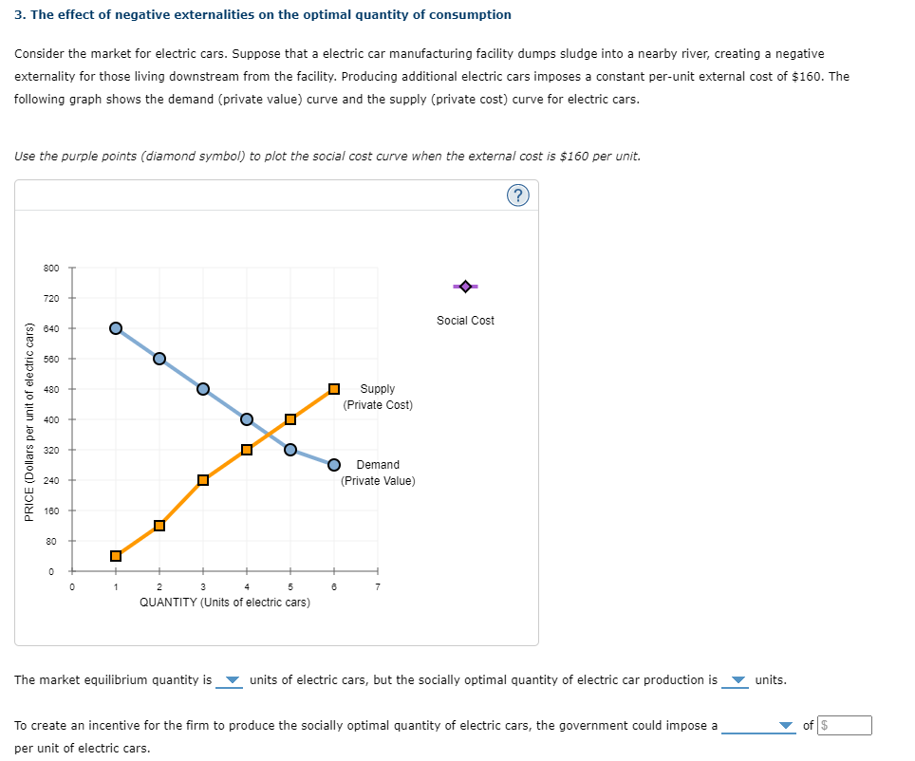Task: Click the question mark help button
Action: click(517, 195)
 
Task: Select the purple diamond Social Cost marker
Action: click(465, 286)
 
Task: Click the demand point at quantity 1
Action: click(116, 328)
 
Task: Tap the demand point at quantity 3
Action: click(203, 389)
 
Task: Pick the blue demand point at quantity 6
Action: click(334, 464)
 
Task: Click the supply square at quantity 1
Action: click(116, 556)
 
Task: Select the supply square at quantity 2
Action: click(159, 526)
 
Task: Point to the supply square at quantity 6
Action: click(334, 389)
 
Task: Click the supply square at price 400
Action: click(290, 419)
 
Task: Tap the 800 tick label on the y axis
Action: click(51, 268)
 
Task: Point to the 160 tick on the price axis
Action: click(51, 510)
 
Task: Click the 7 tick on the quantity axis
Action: click(377, 586)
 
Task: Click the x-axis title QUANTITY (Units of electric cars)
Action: click(224, 603)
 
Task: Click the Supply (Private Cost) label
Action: click(378, 397)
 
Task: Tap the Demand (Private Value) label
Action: click(378, 473)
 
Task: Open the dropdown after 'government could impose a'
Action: click(758, 726)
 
